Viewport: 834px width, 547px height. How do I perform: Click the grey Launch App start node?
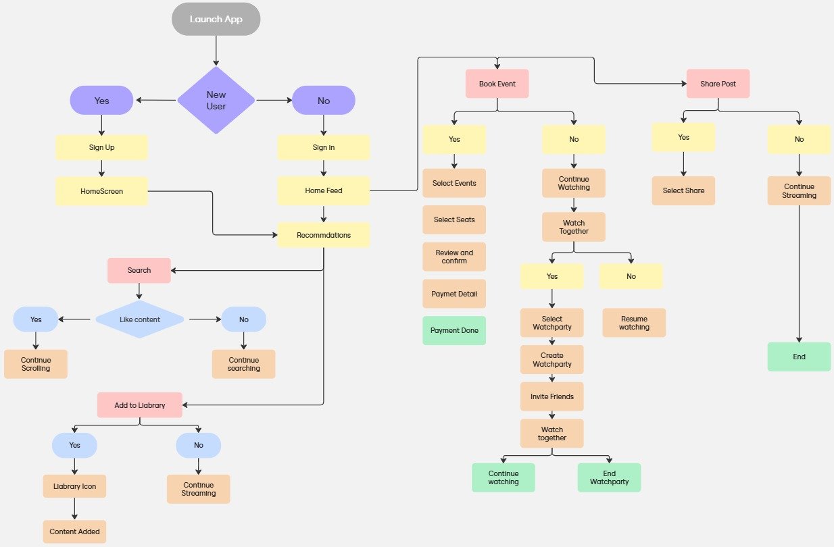(x=216, y=19)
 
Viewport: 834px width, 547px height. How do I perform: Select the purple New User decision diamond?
(x=216, y=101)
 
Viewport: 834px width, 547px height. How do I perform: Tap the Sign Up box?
(x=101, y=147)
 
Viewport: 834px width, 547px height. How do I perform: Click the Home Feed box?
(x=324, y=190)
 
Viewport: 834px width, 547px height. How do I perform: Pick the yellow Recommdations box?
(x=324, y=235)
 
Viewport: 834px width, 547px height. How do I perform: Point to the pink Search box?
(x=139, y=270)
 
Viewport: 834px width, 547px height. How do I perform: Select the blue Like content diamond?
(x=139, y=319)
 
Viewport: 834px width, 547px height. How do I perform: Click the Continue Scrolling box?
(x=36, y=364)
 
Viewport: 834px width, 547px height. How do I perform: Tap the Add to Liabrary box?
(x=139, y=405)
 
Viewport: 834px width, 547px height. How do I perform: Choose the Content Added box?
(x=74, y=531)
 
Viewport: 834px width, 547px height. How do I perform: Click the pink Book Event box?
(x=497, y=84)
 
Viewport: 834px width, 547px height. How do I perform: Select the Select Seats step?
(x=454, y=219)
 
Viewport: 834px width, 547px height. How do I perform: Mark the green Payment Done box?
(x=454, y=330)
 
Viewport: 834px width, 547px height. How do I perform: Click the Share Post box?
(x=718, y=84)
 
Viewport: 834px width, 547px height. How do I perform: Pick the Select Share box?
(x=683, y=190)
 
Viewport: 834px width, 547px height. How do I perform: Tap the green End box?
(x=799, y=357)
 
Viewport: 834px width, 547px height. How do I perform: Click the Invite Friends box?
(x=551, y=396)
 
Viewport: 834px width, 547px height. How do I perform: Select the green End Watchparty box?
(x=609, y=477)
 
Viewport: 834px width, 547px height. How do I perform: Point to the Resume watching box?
(x=634, y=323)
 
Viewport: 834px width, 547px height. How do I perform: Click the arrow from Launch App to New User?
(x=216, y=51)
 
